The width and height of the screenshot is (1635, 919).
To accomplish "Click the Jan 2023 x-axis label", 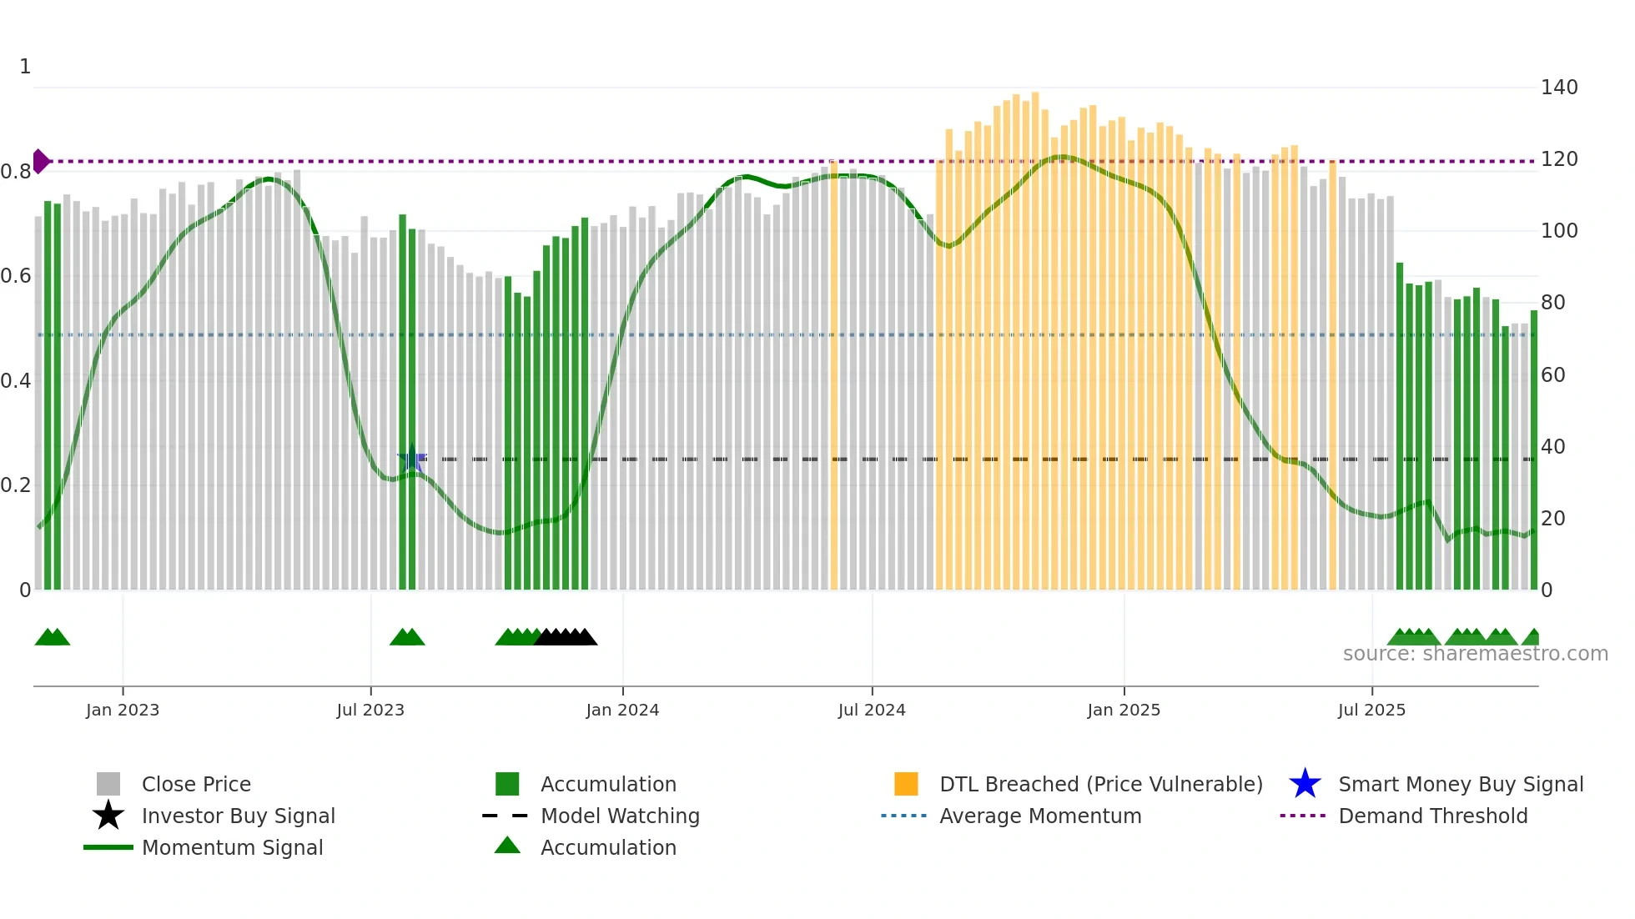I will point(122,711).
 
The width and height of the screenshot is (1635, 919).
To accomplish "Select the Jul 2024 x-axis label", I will point(872,711).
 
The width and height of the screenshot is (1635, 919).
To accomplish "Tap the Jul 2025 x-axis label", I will point(1371,711).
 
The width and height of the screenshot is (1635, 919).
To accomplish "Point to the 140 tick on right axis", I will point(1559,88).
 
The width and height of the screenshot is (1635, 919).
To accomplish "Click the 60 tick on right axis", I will point(1553,375).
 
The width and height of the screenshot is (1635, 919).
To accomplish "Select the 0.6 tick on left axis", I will point(15,276).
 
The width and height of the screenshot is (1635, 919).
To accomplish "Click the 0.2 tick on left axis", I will point(15,485).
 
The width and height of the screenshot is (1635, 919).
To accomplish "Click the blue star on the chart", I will point(411,459).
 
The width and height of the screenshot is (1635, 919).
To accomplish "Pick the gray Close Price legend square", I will point(108,784).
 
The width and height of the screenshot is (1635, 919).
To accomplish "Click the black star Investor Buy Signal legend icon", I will point(108,816).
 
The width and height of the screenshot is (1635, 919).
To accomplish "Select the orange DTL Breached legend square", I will point(906,784).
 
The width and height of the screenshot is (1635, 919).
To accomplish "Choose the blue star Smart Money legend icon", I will point(1305,784).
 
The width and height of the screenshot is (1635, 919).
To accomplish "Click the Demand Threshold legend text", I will point(1432,816).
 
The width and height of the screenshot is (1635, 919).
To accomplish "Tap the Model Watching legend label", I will point(620,816).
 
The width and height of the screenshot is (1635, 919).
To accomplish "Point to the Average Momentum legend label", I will point(1040,816).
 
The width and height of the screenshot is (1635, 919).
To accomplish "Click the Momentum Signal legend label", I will point(232,847).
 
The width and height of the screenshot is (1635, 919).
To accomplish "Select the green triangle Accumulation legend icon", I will point(507,846).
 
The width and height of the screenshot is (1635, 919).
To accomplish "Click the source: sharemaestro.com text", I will point(1475,654).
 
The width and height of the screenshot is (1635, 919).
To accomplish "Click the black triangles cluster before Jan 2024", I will point(566,637).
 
